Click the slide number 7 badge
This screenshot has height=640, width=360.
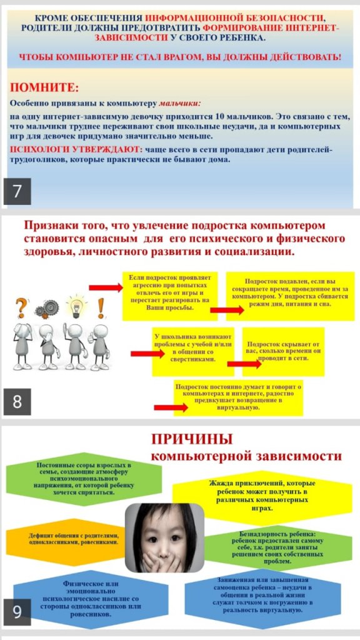coord(17,191)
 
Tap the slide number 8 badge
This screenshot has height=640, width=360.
coord(17,402)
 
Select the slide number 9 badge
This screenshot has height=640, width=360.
coord(17,612)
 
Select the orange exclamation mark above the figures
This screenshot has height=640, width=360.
coord(101,308)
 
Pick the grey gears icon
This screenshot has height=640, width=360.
coord(47,310)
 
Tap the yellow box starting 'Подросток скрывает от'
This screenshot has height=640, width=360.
coord(283,351)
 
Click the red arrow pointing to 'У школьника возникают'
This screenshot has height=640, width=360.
coord(147,354)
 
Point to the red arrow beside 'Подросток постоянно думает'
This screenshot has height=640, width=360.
coord(171,407)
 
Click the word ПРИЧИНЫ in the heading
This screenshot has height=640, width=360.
coord(192,439)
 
